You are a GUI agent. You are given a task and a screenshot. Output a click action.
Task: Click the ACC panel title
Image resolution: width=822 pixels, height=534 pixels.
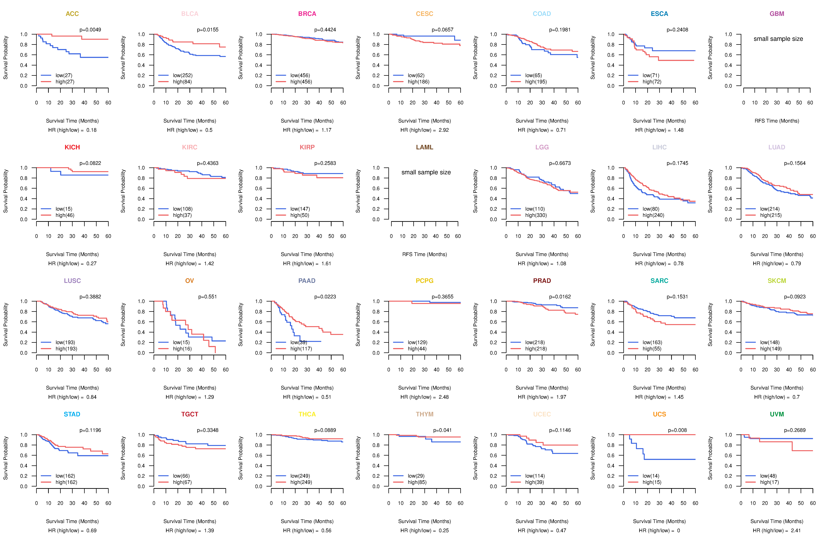(72, 14)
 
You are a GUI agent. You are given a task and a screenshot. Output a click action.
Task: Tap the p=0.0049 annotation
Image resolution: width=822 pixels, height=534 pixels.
(90, 30)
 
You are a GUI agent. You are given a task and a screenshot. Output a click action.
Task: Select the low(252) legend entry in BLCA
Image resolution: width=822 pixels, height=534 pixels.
(183, 75)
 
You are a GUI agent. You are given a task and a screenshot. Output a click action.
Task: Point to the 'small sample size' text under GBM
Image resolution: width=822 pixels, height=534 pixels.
(778, 39)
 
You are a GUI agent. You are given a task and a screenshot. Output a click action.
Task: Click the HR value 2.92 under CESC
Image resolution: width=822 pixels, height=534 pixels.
(444, 130)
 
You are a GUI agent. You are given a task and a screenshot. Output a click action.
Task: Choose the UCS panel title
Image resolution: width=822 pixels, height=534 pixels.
(659, 414)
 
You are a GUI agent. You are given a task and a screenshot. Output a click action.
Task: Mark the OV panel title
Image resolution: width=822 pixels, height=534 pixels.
(190, 281)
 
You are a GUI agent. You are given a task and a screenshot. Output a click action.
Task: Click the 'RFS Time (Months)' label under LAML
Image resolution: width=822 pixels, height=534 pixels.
(424, 254)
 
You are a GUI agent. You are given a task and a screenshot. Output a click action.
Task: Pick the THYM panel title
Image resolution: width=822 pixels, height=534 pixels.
(424, 414)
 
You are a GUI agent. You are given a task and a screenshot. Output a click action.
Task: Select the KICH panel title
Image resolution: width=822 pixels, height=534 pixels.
(72, 147)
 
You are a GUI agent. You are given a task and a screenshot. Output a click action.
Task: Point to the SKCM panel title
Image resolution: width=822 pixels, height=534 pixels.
(777, 281)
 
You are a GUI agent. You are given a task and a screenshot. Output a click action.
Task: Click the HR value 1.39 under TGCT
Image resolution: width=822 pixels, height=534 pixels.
(209, 531)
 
